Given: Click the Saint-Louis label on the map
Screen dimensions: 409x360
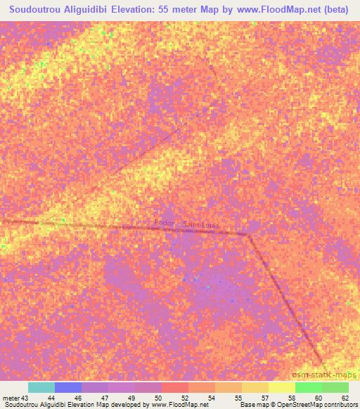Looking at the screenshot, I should point(201,225).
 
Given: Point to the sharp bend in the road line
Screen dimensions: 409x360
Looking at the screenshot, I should point(247,235).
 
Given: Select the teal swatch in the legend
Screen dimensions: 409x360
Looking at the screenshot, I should point(41,387).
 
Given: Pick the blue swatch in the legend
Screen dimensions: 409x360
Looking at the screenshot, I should point(68,387).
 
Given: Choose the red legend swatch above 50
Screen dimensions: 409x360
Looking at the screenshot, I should point(175,387).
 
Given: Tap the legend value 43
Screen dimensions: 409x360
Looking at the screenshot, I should point(25,398).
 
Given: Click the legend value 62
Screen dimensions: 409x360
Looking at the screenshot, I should point(345,398).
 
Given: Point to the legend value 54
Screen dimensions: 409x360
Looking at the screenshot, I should point(211,398).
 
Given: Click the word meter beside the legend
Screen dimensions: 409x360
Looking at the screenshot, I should point(11,398).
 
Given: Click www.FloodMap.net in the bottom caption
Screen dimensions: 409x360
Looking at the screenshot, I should point(179,405).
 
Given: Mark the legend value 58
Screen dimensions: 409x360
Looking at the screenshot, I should point(291,398).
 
